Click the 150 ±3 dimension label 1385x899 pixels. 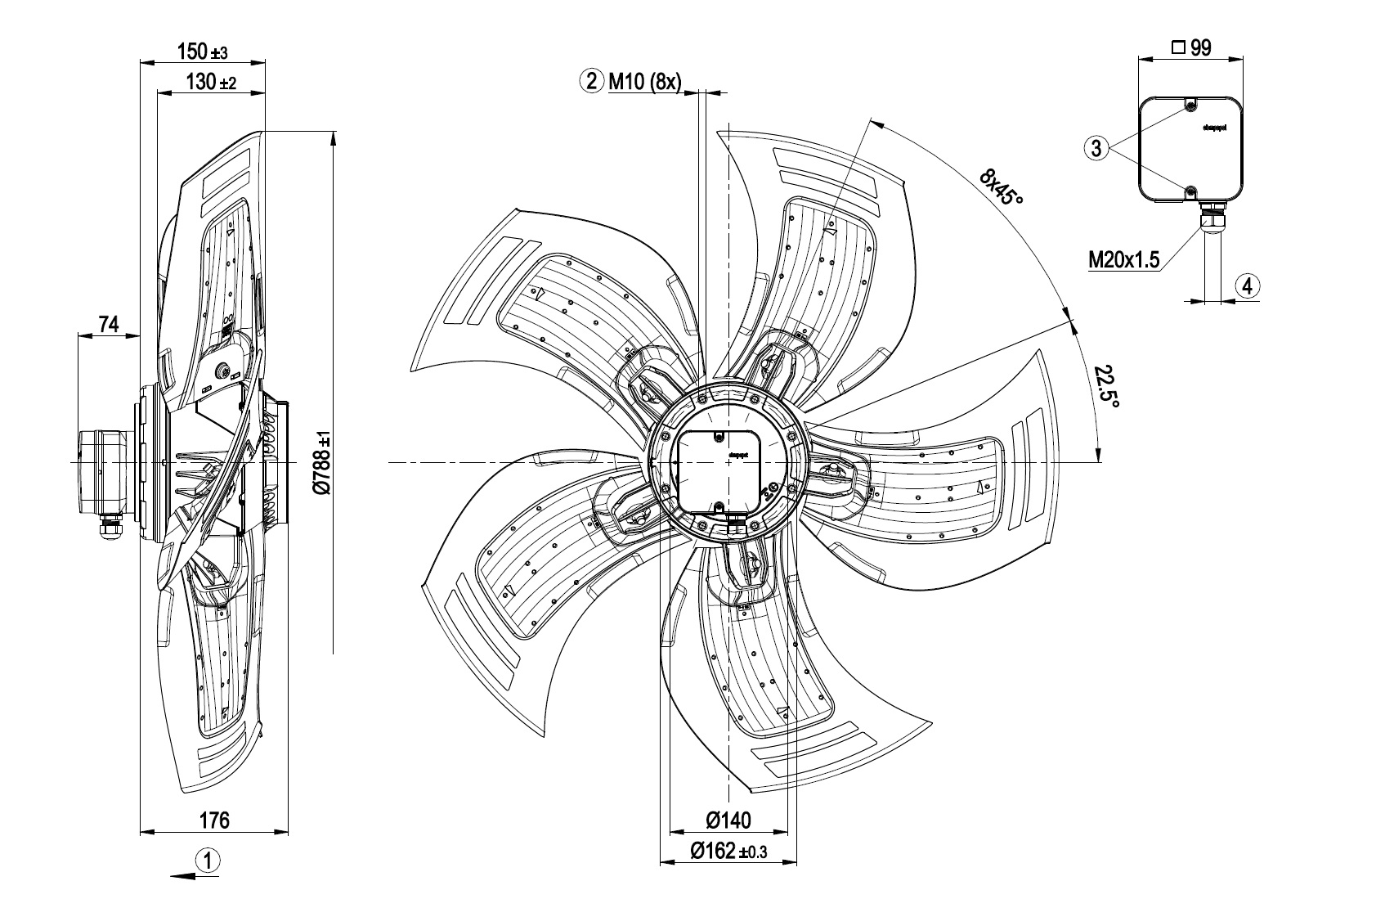click(202, 52)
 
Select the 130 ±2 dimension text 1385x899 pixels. click(211, 82)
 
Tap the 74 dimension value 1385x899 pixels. click(109, 325)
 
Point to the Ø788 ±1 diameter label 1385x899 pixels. click(323, 462)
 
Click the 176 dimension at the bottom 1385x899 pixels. click(214, 820)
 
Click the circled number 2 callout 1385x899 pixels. click(590, 81)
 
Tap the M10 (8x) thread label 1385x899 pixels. click(643, 81)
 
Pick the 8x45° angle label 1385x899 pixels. click(1002, 187)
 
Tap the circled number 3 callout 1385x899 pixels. click(1097, 148)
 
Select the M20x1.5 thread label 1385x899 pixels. click(1124, 260)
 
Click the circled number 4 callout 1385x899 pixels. click(1248, 286)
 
